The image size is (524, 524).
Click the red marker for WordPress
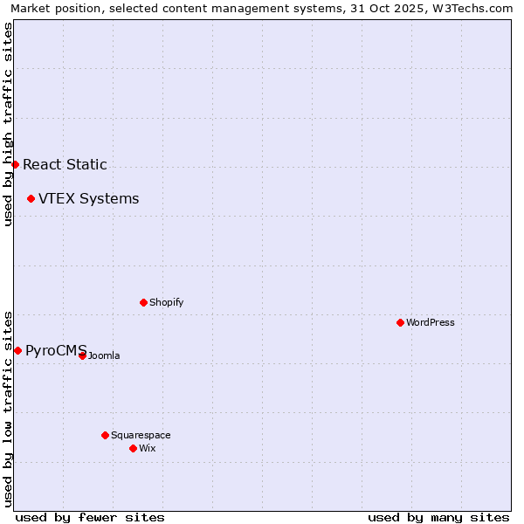click(400, 322)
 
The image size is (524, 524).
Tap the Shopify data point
click(143, 302)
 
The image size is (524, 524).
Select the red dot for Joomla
click(82, 355)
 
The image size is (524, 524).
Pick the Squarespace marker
click(105, 435)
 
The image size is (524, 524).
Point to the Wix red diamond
click(133, 448)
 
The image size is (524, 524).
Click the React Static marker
click(15, 164)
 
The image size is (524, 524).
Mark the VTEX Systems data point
click(31, 198)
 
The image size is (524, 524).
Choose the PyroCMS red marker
click(17, 350)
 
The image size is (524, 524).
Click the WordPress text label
click(431, 322)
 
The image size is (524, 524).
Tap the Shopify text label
click(166, 302)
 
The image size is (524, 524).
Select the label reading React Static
click(65, 164)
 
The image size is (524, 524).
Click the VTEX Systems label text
click(88, 198)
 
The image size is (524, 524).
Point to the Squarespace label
click(141, 435)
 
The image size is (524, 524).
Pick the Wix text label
click(147, 448)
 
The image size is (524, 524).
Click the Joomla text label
click(104, 355)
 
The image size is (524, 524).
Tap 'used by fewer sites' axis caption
click(90, 517)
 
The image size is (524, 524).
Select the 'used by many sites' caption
click(438, 517)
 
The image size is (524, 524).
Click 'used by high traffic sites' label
click(8, 124)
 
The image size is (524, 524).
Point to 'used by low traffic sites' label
click(8, 408)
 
